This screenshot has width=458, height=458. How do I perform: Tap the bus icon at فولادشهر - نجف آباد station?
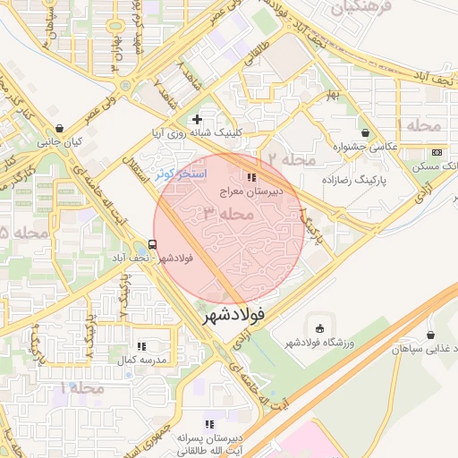pos(153,243)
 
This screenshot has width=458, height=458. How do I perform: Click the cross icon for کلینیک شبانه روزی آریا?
pos(197,119)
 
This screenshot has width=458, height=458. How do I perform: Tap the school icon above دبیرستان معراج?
pos(251,177)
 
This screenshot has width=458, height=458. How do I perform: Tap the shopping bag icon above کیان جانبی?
pos(59,128)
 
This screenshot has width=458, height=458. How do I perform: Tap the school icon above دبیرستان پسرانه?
pos(209,424)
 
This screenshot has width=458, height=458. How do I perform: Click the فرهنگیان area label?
pos(361,9)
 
